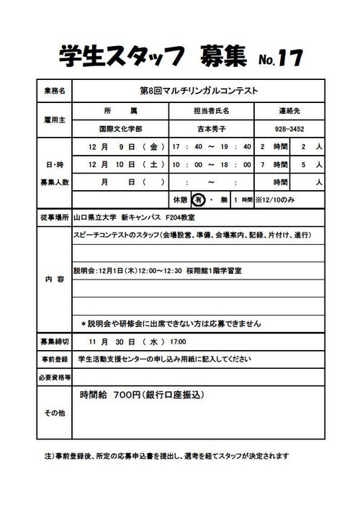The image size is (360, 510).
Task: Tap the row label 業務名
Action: [x=54, y=91]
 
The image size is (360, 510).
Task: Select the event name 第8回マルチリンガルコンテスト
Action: [x=197, y=91]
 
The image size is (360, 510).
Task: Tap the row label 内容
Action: [x=54, y=278]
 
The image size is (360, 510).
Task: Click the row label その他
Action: [x=54, y=413]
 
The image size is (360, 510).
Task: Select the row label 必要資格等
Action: [x=54, y=377]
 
